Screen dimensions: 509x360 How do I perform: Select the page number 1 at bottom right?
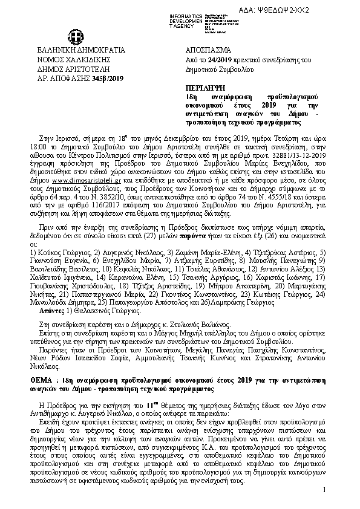pyautogui.click(x=324, y=488)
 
